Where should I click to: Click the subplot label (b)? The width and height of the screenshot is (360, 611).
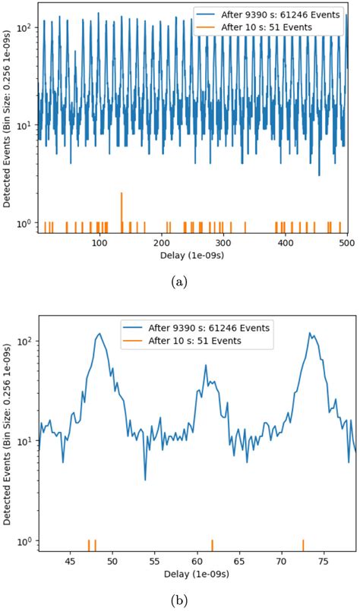[179, 600]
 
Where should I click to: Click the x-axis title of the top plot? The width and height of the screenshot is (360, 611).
[196, 256]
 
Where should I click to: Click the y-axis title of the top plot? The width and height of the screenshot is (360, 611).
[9, 118]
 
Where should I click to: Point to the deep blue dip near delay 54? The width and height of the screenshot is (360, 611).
[145, 479]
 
